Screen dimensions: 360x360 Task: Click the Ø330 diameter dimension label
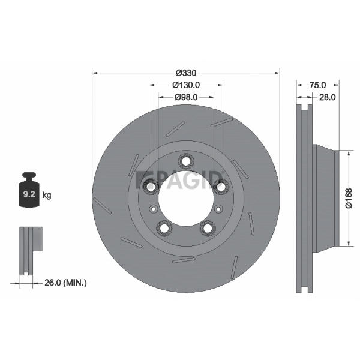click(186, 73)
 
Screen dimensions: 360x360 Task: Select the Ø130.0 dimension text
click(186, 85)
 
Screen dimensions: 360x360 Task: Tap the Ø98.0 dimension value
click(186, 97)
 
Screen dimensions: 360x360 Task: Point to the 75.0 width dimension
click(317, 85)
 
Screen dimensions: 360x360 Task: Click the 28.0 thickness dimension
click(328, 97)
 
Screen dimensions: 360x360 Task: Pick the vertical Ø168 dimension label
click(349, 198)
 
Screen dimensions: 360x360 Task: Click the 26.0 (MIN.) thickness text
click(65, 283)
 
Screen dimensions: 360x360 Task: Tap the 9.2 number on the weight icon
click(29, 194)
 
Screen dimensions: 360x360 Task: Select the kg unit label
click(47, 196)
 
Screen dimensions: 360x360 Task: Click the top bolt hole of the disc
click(186, 161)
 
